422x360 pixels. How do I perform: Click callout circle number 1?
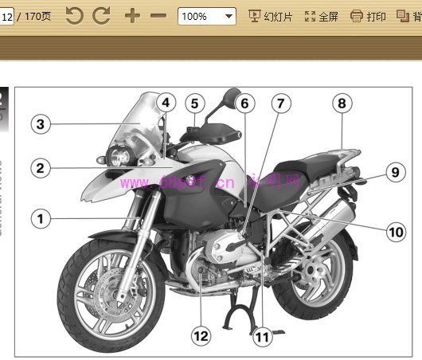[41, 217]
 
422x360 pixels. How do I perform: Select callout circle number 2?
[41, 168]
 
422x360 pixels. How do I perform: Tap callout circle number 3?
[41, 123]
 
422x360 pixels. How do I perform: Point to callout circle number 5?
[195, 103]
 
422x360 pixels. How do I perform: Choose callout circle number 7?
[279, 103]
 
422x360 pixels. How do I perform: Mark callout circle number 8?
[342, 103]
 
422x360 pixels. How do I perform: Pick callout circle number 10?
[396, 232]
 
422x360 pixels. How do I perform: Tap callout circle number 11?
[262, 337]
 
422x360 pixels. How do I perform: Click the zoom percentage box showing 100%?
[206, 16]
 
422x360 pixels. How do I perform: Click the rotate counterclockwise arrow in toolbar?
[74, 15]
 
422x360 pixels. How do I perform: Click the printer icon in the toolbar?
[356, 16]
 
